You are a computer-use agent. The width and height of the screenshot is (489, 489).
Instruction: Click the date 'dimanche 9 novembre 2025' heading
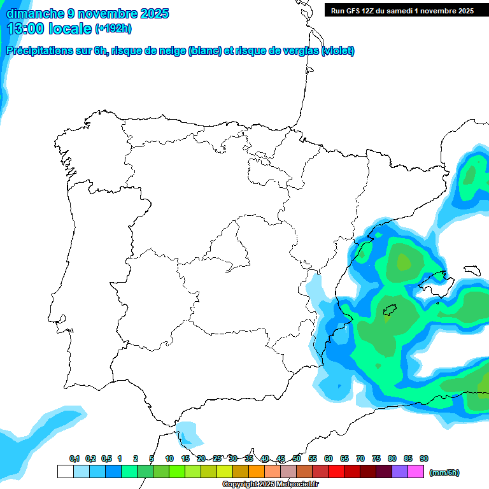click(87, 13)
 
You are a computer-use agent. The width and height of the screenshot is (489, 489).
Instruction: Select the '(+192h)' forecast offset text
click(113, 29)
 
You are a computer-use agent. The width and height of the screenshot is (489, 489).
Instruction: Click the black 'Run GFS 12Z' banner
click(402, 10)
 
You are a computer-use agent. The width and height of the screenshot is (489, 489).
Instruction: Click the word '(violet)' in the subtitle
click(338, 51)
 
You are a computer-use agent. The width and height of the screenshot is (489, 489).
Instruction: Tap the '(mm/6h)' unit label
click(444, 472)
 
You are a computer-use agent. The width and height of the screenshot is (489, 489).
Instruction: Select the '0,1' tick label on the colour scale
click(74, 459)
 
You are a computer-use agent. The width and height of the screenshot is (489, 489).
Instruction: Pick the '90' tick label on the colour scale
click(424, 459)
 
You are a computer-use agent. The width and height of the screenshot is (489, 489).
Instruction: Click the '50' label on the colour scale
click(297, 459)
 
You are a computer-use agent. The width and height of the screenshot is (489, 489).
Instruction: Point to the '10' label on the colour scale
click(169, 459)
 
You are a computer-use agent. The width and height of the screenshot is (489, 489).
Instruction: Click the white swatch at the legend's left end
click(66, 472)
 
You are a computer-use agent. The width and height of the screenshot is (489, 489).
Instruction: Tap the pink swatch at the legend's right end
click(416, 472)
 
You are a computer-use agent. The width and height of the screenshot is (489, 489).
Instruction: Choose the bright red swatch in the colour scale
click(336, 472)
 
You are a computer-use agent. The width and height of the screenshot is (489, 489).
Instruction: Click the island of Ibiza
click(390, 310)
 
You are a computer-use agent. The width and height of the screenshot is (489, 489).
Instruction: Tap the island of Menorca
click(472, 270)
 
